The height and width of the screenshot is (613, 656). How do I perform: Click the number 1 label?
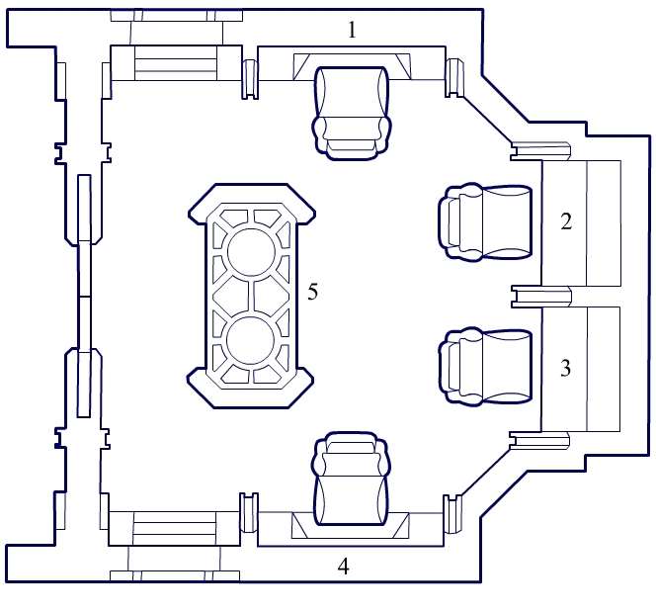pos(352,30)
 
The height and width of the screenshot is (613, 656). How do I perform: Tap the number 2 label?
pos(566,221)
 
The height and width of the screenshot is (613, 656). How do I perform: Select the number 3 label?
pos(566,368)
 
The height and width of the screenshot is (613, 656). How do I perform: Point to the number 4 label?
pos(343,567)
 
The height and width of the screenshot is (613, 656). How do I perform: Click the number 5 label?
pos(313,292)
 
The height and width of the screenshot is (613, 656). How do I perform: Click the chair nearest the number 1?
pos(352,113)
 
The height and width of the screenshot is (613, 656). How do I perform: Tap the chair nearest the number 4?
pos(351,479)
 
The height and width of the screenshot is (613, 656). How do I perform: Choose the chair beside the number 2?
pos(485,221)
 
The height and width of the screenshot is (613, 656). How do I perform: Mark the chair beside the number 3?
pos(485,367)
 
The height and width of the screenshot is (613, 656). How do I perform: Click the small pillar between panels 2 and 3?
pos(541,297)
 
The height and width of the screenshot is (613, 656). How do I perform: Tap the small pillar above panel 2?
pos(540,150)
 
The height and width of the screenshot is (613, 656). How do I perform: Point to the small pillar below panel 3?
pos(539,441)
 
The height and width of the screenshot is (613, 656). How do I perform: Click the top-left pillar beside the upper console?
pos(250,79)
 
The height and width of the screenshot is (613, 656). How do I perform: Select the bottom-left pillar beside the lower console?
pos(249,513)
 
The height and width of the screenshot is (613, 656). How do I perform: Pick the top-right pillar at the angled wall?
pos(454,78)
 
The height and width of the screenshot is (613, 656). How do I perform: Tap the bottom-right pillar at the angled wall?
pos(452,514)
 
